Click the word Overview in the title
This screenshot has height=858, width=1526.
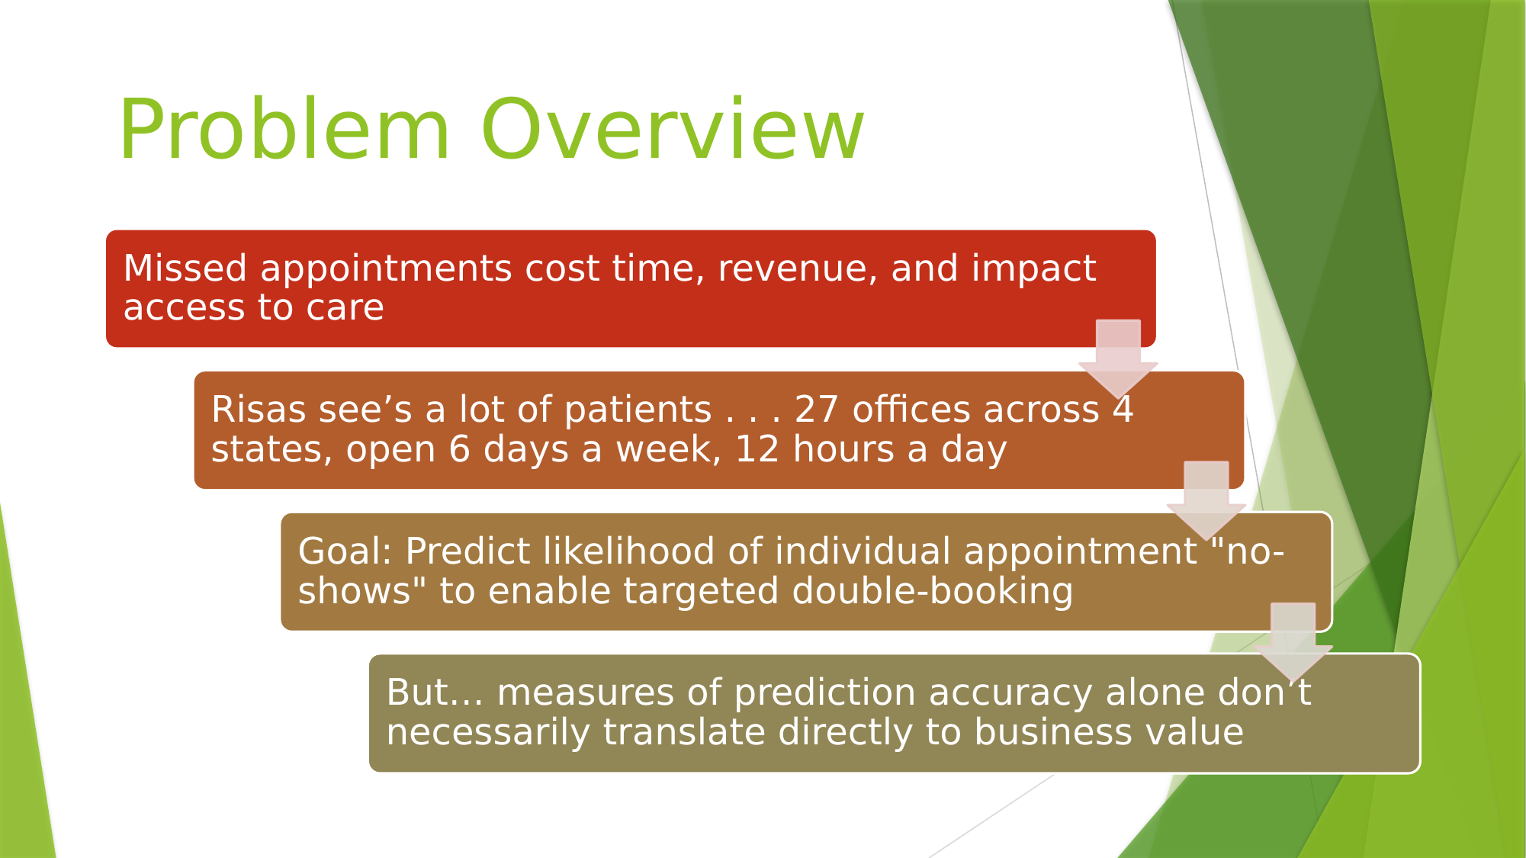pyautogui.click(x=673, y=129)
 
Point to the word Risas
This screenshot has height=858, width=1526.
pyautogui.click(x=259, y=410)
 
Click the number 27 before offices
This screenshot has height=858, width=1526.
pyautogui.click(x=817, y=410)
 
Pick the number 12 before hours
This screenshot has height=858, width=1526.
pyautogui.click(x=757, y=449)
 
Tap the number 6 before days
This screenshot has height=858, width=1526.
pyautogui.click(x=459, y=449)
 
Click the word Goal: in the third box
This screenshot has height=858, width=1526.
pyautogui.click(x=345, y=551)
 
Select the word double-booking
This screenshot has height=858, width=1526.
pyautogui.click(x=933, y=592)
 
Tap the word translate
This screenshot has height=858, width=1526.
pyautogui.click(x=684, y=732)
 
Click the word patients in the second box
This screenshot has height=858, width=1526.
pyautogui.click(x=638, y=411)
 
